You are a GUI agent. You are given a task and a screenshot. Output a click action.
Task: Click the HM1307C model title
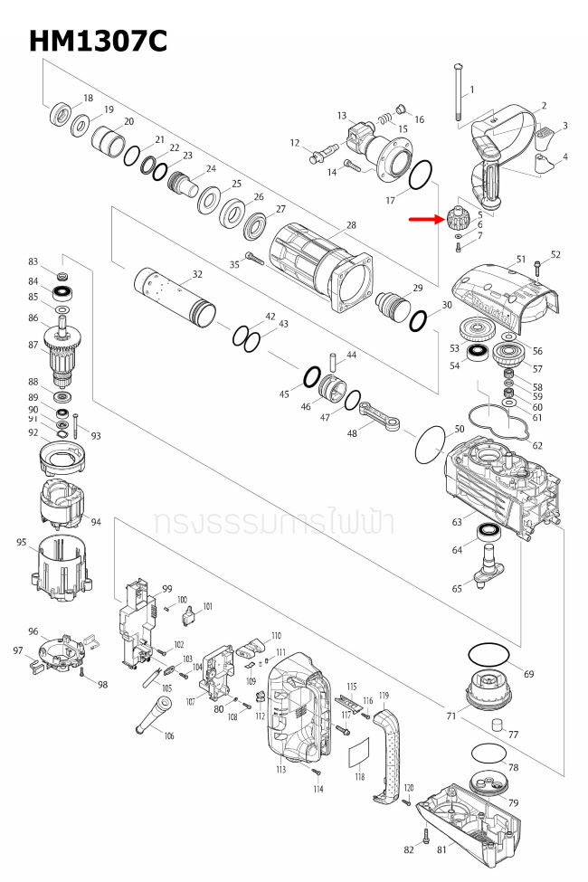pos(98,41)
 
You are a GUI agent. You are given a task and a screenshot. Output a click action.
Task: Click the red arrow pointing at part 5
pos(423,218)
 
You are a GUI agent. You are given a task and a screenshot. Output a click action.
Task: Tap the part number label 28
pos(352,224)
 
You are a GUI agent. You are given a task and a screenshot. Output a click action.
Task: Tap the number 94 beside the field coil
pos(96,522)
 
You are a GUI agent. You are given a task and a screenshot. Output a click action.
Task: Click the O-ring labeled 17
pos(421,174)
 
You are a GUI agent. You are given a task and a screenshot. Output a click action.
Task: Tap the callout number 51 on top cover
pos(521,260)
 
